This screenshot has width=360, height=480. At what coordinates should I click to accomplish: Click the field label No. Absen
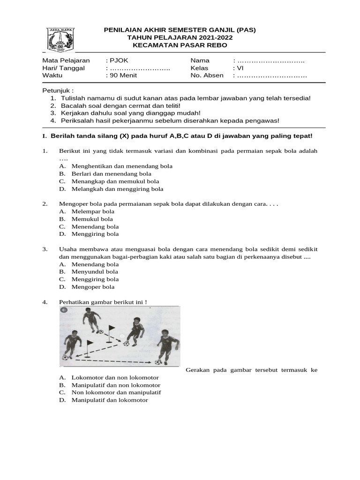tap(207, 76)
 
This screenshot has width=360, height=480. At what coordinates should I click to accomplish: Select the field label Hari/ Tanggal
tap(63, 68)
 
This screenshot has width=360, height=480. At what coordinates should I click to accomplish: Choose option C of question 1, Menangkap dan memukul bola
tap(115, 181)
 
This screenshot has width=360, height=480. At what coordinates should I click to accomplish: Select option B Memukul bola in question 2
tap(92, 219)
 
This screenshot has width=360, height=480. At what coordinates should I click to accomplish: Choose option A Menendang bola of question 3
tap(95, 264)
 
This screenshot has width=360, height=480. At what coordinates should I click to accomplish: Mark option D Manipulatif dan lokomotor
tap(109, 400)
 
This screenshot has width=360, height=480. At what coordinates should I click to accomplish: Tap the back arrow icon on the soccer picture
tap(64, 310)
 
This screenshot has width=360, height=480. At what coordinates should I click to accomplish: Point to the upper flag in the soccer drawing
tap(111, 329)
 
